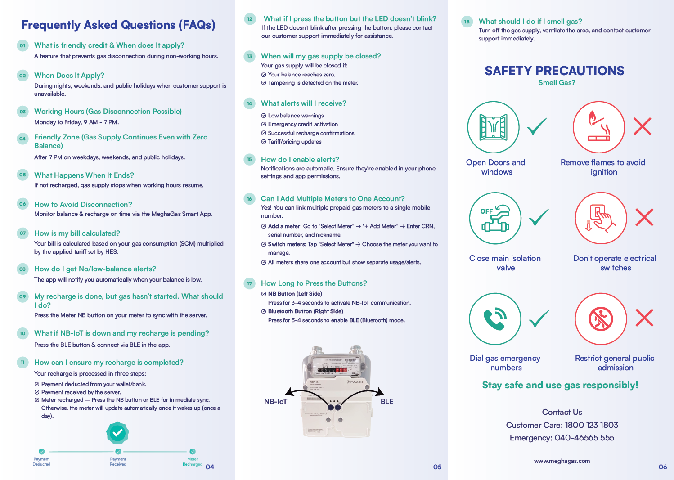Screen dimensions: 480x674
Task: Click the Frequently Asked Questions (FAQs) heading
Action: click(118, 25)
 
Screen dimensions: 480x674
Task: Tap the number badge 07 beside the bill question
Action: click(22, 233)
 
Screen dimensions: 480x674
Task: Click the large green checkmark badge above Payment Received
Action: click(117, 433)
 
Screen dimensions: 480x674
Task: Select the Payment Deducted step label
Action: click(41, 462)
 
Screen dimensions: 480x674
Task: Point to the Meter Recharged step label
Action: click(193, 462)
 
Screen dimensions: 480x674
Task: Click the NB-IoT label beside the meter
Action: click(275, 401)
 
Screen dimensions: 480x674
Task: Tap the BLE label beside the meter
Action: click(386, 401)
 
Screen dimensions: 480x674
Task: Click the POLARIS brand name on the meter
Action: click(356, 381)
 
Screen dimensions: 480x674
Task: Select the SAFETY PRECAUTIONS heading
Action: click(554, 71)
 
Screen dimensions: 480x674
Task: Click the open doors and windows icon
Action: click(493, 127)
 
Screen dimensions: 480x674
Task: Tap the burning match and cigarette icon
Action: click(599, 127)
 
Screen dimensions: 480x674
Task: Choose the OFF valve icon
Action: click(495, 219)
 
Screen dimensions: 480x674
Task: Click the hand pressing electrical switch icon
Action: click(601, 218)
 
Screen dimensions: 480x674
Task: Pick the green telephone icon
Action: click(495, 319)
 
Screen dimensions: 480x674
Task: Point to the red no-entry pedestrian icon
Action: click(601, 319)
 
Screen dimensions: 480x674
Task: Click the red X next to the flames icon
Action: click(642, 126)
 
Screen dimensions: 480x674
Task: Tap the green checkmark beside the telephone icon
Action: click(538, 319)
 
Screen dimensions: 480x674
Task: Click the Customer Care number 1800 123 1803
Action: click(591, 425)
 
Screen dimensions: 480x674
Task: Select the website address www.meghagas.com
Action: click(562, 461)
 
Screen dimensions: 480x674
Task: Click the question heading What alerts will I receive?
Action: click(303, 103)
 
